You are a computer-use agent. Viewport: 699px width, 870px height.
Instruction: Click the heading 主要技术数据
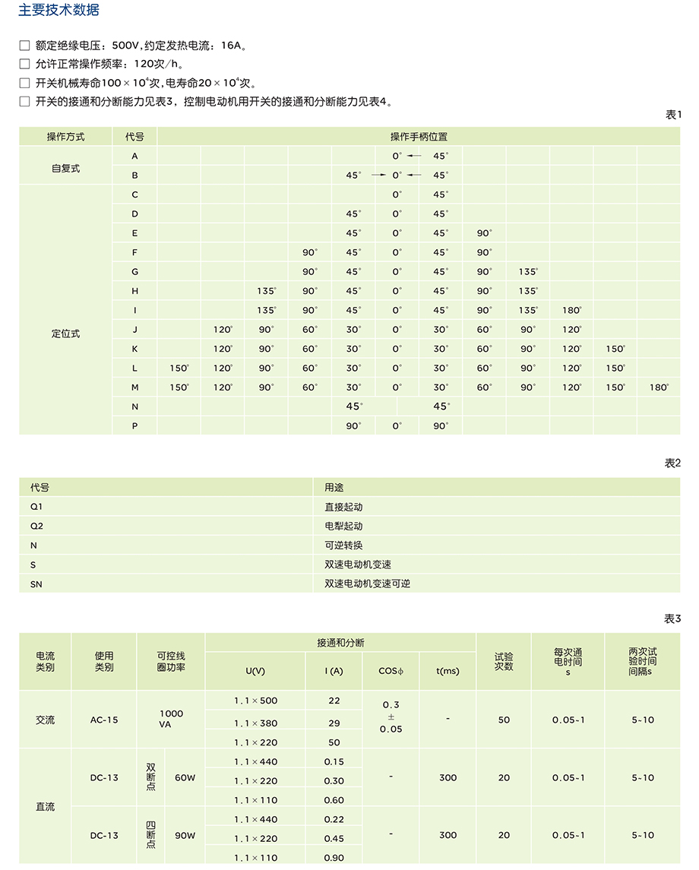tap(59, 11)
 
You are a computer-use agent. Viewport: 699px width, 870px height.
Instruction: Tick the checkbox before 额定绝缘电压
tap(24, 46)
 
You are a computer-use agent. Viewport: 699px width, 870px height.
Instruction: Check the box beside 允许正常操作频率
tap(24, 64)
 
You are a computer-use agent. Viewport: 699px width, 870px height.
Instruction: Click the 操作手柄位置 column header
tap(419, 137)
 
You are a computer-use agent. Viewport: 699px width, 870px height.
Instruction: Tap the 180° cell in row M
tap(659, 388)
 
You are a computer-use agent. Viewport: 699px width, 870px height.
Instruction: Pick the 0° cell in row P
tap(397, 426)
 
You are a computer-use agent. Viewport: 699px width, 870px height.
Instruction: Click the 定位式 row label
tap(65, 334)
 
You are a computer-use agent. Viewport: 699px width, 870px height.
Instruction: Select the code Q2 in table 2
tap(37, 526)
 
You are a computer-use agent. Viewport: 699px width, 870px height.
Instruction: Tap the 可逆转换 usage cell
tap(343, 546)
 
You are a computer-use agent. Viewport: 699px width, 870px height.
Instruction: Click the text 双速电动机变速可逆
tap(367, 584)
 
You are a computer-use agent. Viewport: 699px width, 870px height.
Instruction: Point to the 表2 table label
tap(672, 463)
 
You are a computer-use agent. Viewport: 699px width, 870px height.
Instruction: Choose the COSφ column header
tap(391, 671)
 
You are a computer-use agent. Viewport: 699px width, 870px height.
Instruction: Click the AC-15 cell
tap(104, 720)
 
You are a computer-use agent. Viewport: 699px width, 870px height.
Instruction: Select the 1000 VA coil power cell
tap(171, 719)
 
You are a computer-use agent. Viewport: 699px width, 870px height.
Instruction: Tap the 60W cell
tap(185, 778)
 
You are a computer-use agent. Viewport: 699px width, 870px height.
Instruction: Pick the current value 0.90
tap(334, 858)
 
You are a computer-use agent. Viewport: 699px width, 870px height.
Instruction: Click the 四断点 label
tap(150, 835)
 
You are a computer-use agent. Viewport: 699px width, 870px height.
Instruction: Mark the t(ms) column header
tap(448, 671)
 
